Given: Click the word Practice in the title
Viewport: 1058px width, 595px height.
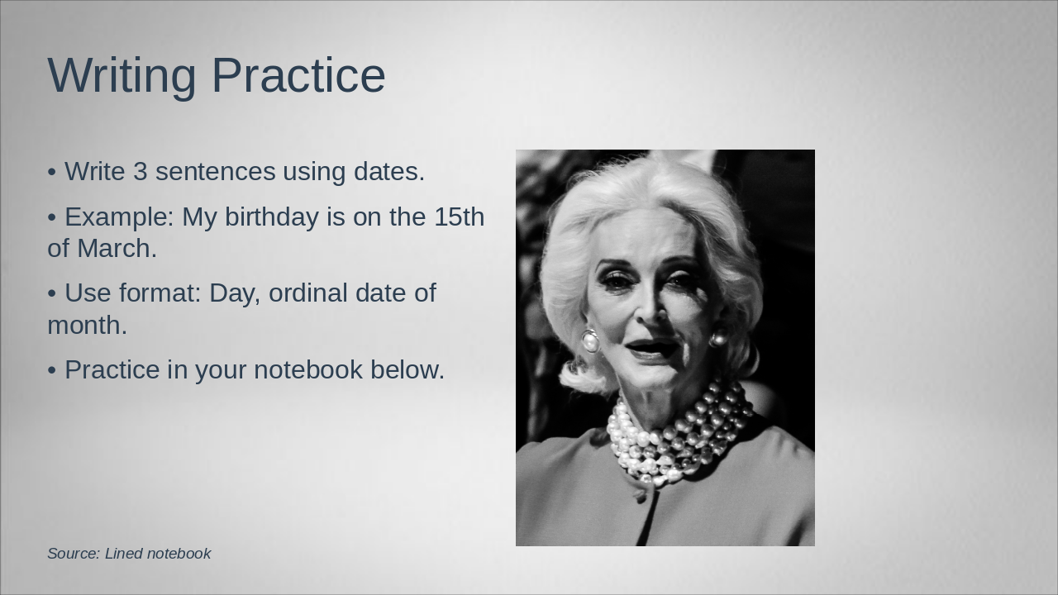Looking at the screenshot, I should [299, 76].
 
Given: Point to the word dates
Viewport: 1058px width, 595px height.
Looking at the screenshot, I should [388, 172].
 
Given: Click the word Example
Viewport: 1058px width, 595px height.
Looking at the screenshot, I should [119, 217].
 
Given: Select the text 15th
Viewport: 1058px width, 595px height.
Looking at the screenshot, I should [459, 217].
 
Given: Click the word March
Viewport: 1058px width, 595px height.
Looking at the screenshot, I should [117, 249].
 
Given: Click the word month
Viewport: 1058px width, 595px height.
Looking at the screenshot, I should [87, 326].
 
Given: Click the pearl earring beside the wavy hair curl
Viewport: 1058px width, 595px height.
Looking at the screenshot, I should [590, 340].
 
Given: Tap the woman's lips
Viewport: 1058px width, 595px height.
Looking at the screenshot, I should [653, 349].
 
